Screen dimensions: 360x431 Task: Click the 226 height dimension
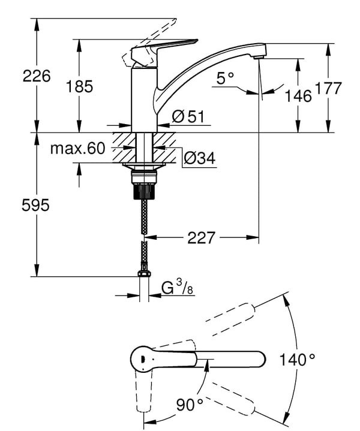point(37,76)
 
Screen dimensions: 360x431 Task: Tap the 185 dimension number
point(80,86)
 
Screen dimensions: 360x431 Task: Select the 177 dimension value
point(328,88)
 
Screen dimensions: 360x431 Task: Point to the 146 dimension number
point(298,96)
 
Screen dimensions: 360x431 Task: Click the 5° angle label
point(224,78)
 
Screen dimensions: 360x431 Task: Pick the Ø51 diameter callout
point(188,116)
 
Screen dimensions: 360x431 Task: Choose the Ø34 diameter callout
point(200,158)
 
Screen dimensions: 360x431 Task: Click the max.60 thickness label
point(77,149)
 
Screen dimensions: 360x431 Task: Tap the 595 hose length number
point(35,205)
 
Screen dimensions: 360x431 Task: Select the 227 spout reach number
point(201,237)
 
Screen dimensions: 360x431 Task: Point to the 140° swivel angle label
point(297,360)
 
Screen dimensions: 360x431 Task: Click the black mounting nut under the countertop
point(144,191)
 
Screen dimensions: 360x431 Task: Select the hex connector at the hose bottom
point(143,273)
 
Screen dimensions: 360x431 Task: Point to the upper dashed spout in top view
point(230,319)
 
